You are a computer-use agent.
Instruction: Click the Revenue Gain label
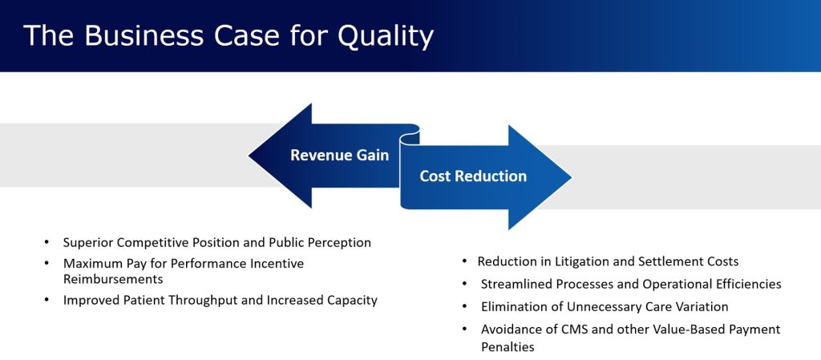coord(340,156)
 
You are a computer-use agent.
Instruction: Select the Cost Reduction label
coord(473,176)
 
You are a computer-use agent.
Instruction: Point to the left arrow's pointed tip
coord(249,156)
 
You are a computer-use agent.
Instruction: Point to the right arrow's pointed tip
coord(571,177)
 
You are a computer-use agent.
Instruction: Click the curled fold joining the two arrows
coord(410,137)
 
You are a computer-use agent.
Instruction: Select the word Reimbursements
coord(113,279)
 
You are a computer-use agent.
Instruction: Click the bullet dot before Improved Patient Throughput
coord(47,301)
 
